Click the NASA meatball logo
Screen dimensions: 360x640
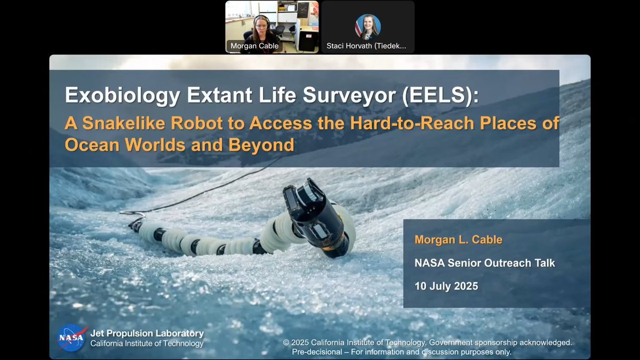tap(72, 338)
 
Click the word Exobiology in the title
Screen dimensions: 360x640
tap(113, 95)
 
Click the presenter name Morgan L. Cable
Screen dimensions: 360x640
tap(458, 239)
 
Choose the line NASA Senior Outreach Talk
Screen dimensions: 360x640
tap(484, 262)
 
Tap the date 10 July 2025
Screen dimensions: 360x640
tap(446, 286)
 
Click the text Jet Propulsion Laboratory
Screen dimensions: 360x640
tap(147, 333)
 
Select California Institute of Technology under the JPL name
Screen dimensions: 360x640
tap(147, 344)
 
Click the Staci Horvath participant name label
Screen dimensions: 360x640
tap(366, 46)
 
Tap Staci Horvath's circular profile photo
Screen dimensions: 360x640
tap(368, 26)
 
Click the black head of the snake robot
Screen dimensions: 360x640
tap(315, 213)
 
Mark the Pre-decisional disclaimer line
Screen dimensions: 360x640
tap(402, 352)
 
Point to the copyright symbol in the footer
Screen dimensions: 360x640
tap(286, 342)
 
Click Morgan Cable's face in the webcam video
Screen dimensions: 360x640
tap(261, 25)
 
